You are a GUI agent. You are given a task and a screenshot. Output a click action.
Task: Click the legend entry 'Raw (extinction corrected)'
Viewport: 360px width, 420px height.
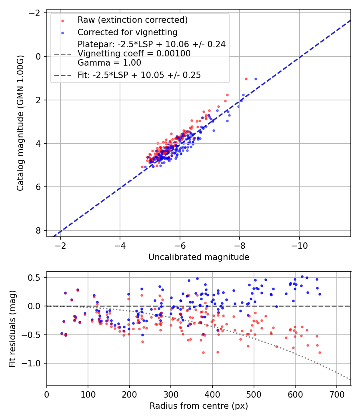[x=132, y=20]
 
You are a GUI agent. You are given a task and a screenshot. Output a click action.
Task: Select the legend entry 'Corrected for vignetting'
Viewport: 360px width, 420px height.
[x=128, y=32]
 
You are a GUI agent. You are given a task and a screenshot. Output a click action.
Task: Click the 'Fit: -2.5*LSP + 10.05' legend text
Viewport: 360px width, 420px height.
[x=139, y=75]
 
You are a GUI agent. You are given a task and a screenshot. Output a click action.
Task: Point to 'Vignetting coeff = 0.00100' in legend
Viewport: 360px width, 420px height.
[x=134, y=54]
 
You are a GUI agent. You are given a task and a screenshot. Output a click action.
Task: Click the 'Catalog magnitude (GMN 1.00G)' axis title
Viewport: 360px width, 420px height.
[x=20, y=123]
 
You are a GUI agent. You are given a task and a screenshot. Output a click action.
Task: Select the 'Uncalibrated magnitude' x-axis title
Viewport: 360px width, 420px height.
[x=199, y=257]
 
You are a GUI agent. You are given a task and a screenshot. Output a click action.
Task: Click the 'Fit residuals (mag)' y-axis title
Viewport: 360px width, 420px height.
[x=12, y=328]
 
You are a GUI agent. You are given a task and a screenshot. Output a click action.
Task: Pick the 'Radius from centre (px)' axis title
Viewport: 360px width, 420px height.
[x=199, y=406]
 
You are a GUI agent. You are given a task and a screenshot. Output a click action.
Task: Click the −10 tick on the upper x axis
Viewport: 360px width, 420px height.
[x=299, y=245]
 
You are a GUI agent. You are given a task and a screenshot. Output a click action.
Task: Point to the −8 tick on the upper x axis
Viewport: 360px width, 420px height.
[x=240, y=245]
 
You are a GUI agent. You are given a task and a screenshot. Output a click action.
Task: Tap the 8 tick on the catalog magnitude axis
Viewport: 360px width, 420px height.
[x=38, y=230]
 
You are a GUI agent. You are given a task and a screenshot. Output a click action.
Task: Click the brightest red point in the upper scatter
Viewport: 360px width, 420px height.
[x=246, y=79]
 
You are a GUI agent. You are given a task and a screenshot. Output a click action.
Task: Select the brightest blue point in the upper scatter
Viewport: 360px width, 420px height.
[x=256, y=79]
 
